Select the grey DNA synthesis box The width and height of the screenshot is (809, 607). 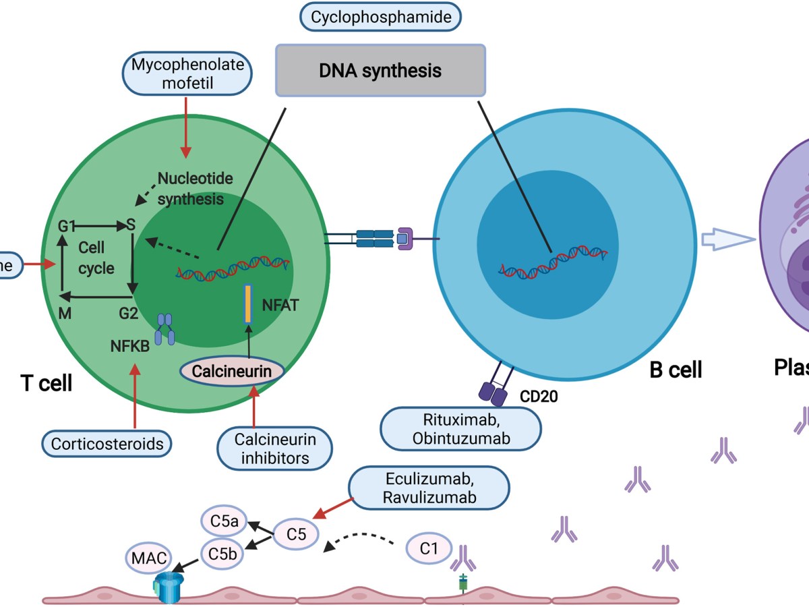coord(380,70)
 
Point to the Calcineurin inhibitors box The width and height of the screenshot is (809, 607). coord(276,449)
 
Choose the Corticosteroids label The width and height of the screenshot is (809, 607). coord(107,444)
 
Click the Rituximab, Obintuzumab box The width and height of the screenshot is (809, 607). coord(460,428)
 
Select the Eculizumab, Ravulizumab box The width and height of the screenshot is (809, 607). coord(429,488)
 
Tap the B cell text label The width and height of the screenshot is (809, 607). coord(675,369)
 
